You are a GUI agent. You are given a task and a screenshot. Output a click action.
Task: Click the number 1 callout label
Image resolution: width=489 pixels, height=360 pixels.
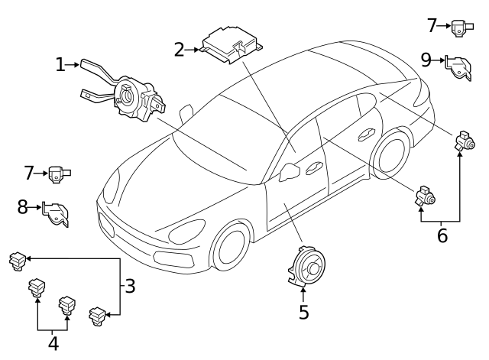60,65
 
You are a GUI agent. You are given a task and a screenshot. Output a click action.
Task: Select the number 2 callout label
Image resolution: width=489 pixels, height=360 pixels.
180,50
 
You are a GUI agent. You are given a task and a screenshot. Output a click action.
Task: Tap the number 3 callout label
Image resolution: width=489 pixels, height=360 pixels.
130,287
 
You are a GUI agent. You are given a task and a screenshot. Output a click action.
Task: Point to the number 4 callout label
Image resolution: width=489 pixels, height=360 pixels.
53,343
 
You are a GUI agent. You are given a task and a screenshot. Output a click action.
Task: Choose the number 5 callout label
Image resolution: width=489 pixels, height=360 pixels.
303,312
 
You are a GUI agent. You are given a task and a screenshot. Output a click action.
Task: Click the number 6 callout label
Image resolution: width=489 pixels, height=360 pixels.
442,235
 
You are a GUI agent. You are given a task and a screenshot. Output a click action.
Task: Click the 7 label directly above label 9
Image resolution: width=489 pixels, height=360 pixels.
432,25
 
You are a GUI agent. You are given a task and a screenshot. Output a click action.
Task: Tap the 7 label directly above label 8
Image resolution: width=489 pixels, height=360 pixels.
30,173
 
